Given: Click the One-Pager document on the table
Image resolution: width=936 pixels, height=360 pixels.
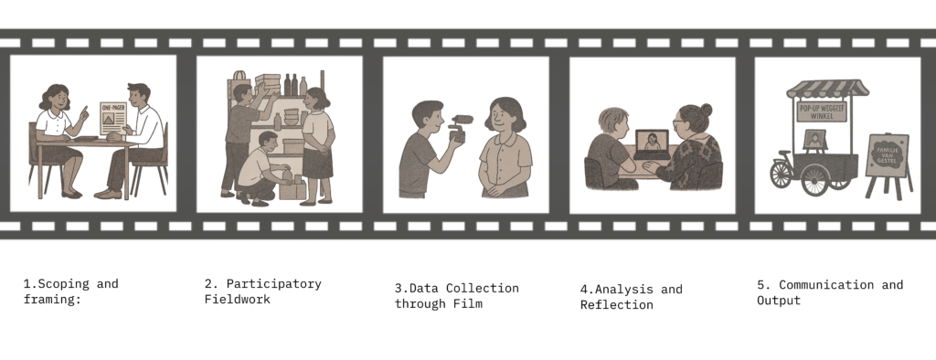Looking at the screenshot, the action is (112, 119).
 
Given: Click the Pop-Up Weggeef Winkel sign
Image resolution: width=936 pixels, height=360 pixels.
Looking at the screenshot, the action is (822, 111).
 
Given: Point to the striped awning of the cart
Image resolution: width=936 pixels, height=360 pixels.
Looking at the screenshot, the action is (827, 89).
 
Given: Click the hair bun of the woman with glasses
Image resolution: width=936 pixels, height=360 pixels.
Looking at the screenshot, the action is (707, 110).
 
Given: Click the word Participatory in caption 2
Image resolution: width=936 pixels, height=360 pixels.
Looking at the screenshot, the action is (273, 284).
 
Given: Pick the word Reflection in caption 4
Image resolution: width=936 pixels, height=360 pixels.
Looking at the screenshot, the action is (617, 304).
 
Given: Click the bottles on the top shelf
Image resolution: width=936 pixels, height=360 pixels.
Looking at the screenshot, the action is (295, 85).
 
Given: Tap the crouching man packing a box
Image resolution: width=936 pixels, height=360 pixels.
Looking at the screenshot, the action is (261, 170).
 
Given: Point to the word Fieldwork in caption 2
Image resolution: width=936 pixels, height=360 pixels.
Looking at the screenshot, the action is (237, 299).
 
